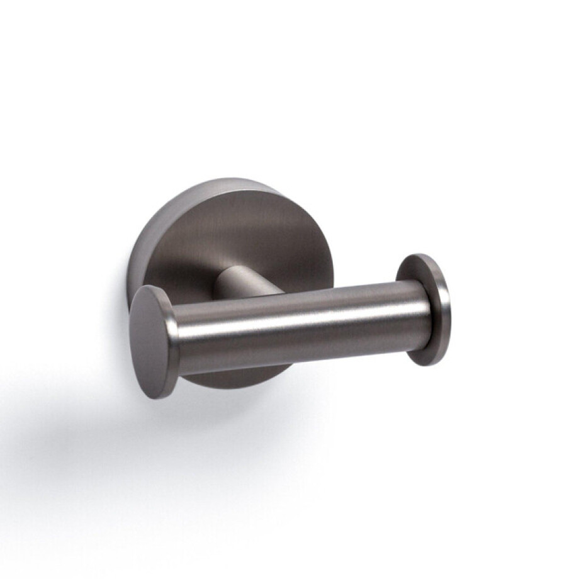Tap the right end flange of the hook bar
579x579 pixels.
click(423, 308)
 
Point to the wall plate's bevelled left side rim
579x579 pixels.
click(140, 252)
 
